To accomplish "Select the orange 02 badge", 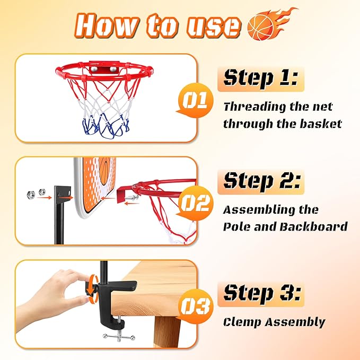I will [195, 204].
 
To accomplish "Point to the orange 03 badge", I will [195, 306].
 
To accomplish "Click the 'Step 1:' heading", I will [260, 78].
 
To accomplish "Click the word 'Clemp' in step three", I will [242, 322].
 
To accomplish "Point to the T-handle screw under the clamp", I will [120, 337].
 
